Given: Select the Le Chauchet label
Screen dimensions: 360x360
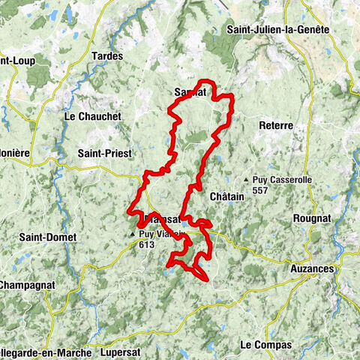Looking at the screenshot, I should pyautogui.click(x=91, y=116).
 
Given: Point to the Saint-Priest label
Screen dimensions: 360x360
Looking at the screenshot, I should pyautogui.click(x=105, y=153).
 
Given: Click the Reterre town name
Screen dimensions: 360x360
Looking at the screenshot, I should pyautogui.click(x=275, y=125).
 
